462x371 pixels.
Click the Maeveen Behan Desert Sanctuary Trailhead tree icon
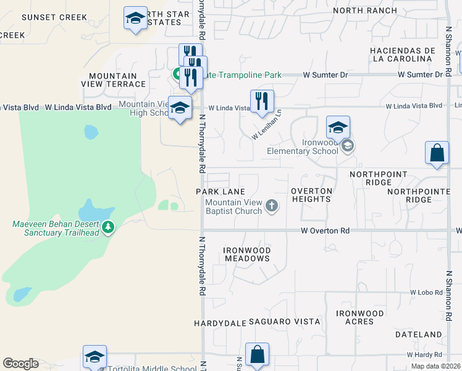pos(109,228)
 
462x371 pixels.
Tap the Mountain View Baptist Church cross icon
pos(271,205)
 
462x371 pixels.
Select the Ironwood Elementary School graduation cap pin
pos(338,128)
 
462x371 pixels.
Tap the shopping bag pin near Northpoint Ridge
pos(437,153)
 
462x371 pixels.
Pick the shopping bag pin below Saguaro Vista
pos(257,355)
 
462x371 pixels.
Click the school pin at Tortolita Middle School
pos(95,357)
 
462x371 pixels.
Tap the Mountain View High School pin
pos(180,108)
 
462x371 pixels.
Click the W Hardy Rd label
pos(424,355)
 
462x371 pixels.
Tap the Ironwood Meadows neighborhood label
pos(247,254)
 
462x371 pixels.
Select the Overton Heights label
pos(311,195)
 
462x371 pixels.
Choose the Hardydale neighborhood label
pos(220,323)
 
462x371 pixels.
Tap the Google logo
pos(20,364)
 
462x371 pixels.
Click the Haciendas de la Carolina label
pos(400,54)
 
